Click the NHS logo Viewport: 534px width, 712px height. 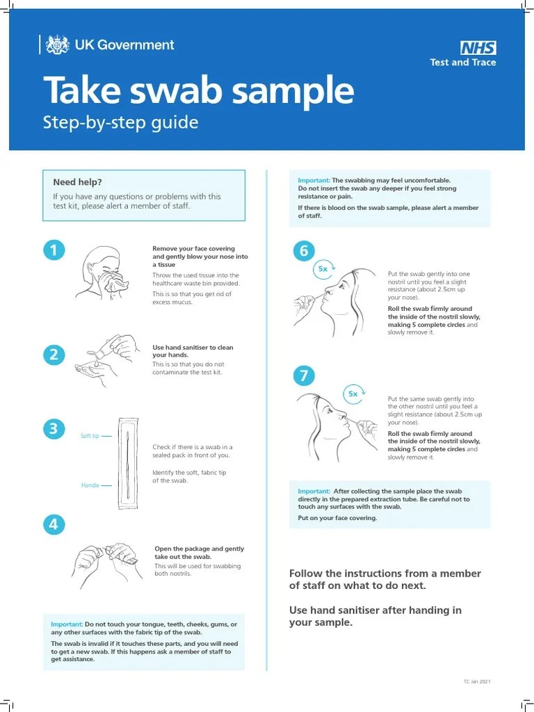point(478,48)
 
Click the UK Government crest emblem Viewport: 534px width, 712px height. point(57,45)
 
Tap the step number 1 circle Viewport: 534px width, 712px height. point(54,250)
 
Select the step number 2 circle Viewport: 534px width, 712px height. point(54,355)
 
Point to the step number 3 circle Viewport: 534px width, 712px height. point(54,429)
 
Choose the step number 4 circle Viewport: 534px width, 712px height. point(54,524)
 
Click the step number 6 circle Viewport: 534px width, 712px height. point(303,251)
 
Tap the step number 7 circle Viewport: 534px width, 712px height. point(303,376)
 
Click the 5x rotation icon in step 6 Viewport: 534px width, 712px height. point(324,268)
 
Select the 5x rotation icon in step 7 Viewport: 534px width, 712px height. point(354,394)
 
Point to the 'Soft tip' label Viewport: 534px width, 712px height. point(90,436)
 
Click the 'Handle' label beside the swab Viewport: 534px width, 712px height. point(90,485)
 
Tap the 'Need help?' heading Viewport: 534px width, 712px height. point(78,182)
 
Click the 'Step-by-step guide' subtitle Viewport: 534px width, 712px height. point(121,123)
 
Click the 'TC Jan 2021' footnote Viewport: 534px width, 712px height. point(477,682)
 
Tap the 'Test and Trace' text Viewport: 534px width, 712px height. point(463,63)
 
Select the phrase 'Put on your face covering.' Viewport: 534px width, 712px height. point(338,518)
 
